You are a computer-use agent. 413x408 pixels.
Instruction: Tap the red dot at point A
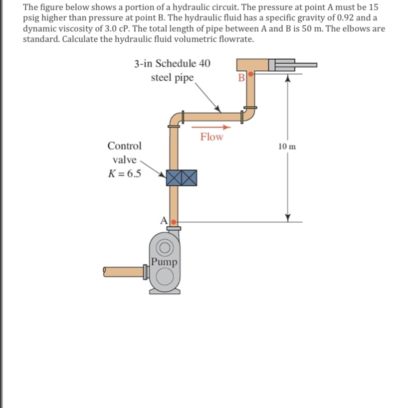tap(174, 219)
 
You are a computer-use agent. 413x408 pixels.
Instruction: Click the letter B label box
tap(242, 77)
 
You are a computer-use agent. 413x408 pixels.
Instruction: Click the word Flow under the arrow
tap(212, 136)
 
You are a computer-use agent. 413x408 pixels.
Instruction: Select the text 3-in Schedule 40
tap(172, 63)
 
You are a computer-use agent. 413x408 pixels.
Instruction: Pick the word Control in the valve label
tap(125, 146)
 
